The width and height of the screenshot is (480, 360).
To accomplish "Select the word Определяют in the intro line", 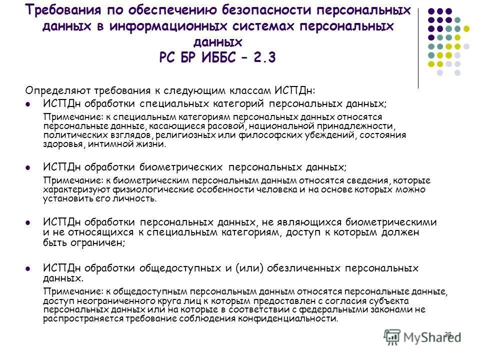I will coord(54,91).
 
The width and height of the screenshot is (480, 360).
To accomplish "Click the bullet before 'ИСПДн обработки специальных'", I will coord(28,104).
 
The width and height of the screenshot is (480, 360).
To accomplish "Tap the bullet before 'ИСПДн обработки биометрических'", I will coord(28,167).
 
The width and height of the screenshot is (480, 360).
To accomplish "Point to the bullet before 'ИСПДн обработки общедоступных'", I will coord(28,268).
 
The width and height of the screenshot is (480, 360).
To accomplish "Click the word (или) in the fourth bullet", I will coord(247,268).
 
